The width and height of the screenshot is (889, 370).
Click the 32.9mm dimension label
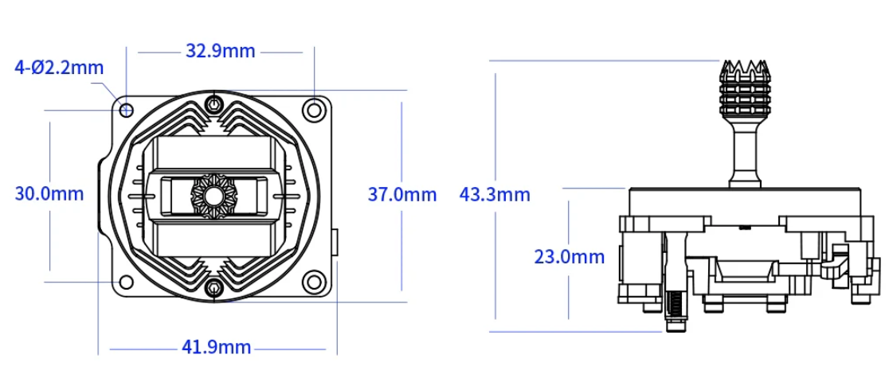tap(220, 51)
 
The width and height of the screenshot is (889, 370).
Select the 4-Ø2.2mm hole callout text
tap(59, 68)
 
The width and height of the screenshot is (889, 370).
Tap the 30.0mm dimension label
tap(49, 194)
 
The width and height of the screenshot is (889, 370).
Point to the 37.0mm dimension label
tap(402, 194)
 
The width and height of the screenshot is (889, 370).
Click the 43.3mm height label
tap(495, 195)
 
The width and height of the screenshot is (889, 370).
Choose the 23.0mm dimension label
tap(570, 257)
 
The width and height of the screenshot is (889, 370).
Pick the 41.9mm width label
tap(216, 346)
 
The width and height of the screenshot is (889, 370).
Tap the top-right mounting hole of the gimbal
tap(311, 109)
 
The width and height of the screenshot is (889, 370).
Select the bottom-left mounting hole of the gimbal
tap(126, 282)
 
